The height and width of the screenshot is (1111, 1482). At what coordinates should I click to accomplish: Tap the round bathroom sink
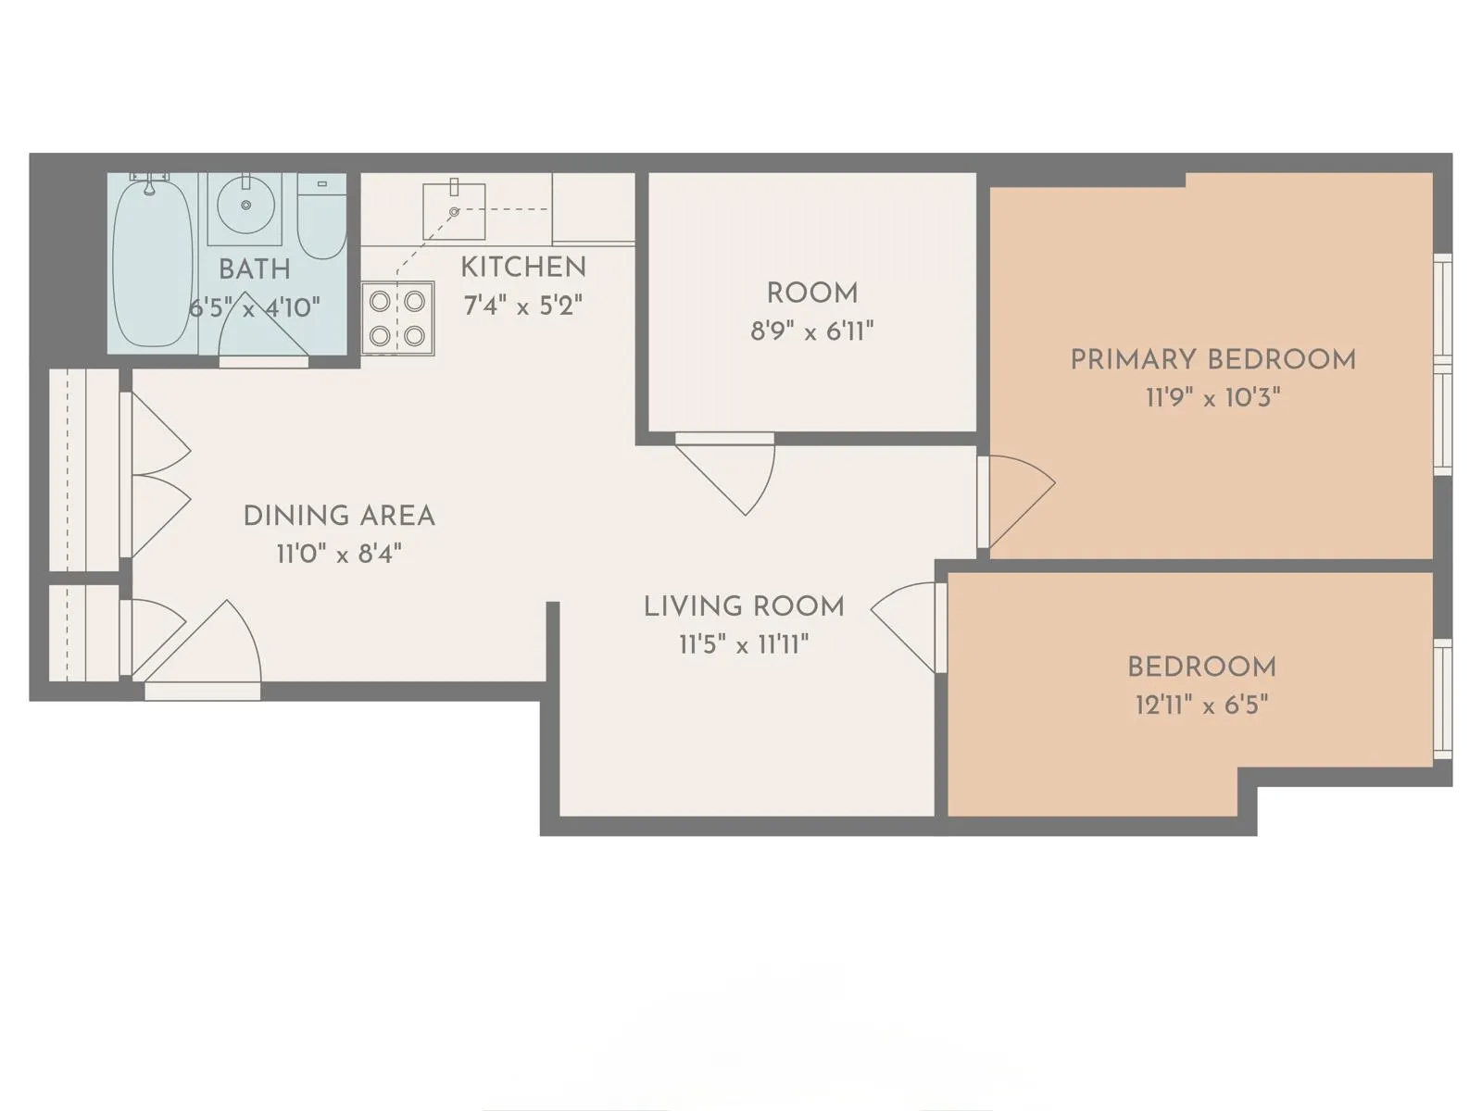[246, 206]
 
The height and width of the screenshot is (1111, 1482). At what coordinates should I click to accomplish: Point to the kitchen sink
[454, 212]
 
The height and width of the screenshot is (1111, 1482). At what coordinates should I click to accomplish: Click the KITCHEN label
[523, 268]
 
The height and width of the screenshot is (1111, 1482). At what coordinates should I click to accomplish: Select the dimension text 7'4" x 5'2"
[523, 306]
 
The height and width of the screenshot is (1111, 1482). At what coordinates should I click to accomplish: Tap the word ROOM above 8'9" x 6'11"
[812, 293]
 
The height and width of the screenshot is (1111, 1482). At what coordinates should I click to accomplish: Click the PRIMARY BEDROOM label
[1212, 359]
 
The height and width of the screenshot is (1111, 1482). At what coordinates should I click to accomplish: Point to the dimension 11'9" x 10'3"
[1212, 398]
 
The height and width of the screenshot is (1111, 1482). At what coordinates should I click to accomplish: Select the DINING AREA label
[339, 516]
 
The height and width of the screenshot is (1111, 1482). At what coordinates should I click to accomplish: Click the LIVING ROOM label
[744, 606]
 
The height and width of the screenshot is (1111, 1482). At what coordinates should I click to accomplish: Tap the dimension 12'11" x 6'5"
[1201, 705]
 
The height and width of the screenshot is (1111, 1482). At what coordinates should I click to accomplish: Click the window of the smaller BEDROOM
[1441, 699]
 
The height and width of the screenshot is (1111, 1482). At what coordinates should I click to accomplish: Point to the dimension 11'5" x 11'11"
[744, 644]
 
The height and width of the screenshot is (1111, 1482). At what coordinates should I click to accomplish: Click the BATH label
[254, 269]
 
